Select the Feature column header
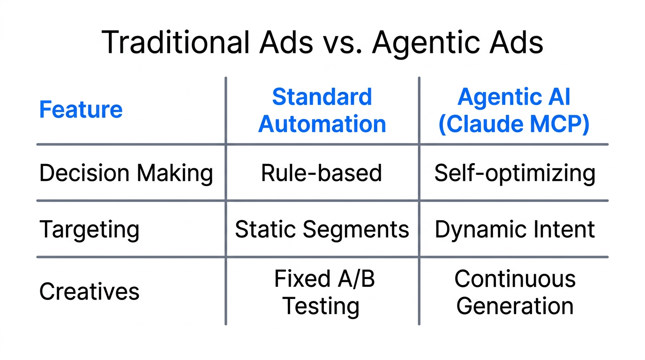81,110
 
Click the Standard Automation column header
322,111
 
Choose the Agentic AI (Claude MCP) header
514,111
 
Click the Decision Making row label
126,173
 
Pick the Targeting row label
89,230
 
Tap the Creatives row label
89,292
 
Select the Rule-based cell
322,173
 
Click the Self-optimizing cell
515,173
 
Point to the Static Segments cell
322,230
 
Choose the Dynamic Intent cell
515,230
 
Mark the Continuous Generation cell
515,292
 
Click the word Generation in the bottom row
515,306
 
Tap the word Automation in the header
322,124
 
